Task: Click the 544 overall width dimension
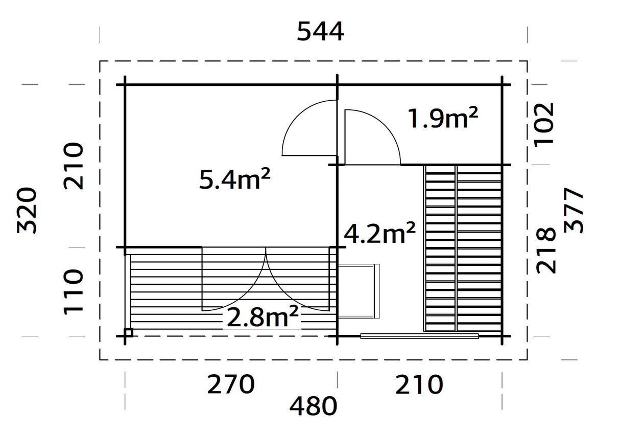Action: pos(321,33)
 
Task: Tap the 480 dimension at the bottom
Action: pos(314,407)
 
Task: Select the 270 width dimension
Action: pos(230,385)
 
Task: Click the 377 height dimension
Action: pos(574,210)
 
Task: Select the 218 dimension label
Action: pos(545,250)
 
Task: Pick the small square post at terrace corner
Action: pos(128,332)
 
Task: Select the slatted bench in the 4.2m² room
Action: pos(463,248)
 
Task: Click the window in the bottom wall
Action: pos(419,336)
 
